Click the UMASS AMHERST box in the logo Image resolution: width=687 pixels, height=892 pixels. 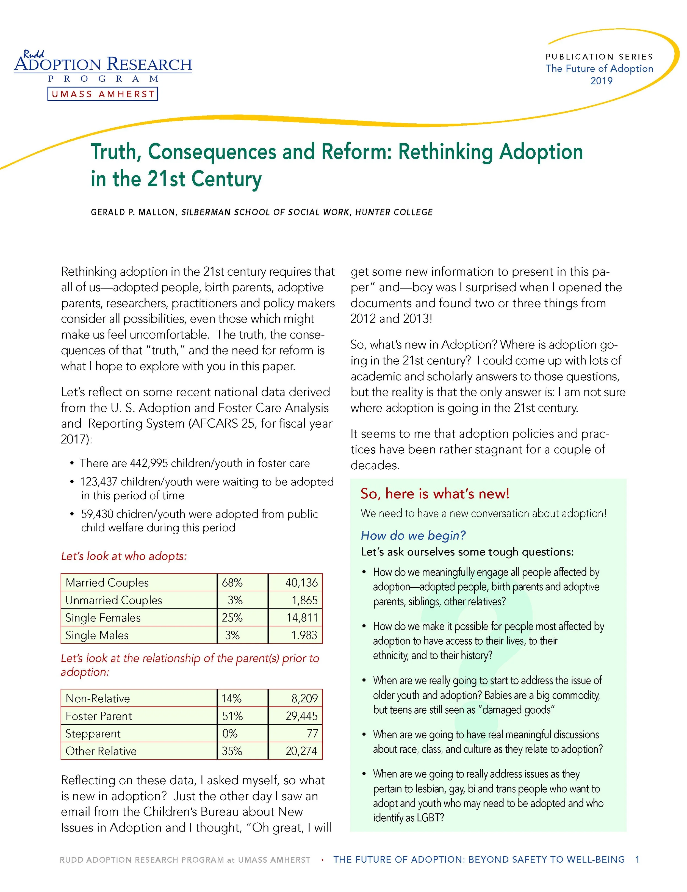tap(103, 94)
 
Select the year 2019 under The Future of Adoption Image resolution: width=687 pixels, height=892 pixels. tap(601, 81)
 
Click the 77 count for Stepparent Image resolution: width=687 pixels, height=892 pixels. tap(312, 733)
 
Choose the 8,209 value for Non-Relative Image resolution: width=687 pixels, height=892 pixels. tap(304, 699)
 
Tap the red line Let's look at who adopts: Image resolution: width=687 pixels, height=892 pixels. tap(124, 556)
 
